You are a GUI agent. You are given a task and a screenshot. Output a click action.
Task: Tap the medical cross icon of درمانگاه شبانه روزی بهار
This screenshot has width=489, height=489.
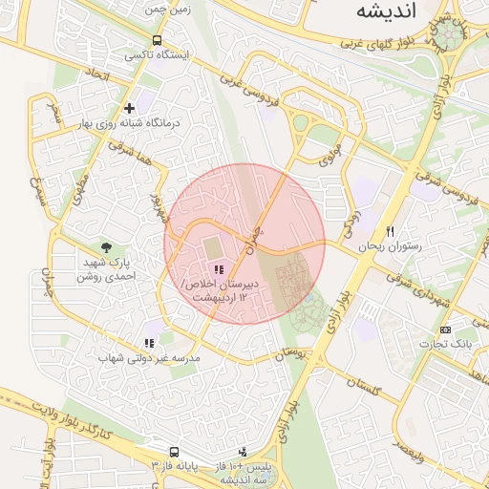[x=129, y=108]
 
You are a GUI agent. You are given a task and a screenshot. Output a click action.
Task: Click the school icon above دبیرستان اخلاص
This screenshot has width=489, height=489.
[x=221, y=272]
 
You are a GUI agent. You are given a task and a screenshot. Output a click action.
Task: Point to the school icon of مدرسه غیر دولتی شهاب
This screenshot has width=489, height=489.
[x=148, y=343]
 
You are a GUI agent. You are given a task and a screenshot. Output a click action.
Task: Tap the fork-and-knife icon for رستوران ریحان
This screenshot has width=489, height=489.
[x=390, y=232]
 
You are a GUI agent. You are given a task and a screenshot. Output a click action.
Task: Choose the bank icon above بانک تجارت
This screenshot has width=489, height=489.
[x=446, y=329]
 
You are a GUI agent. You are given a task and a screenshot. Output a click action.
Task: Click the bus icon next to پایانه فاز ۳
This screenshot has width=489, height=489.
[x=174, y=451]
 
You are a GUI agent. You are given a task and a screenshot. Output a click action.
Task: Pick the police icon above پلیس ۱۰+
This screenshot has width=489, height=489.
[x=243, y=451]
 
